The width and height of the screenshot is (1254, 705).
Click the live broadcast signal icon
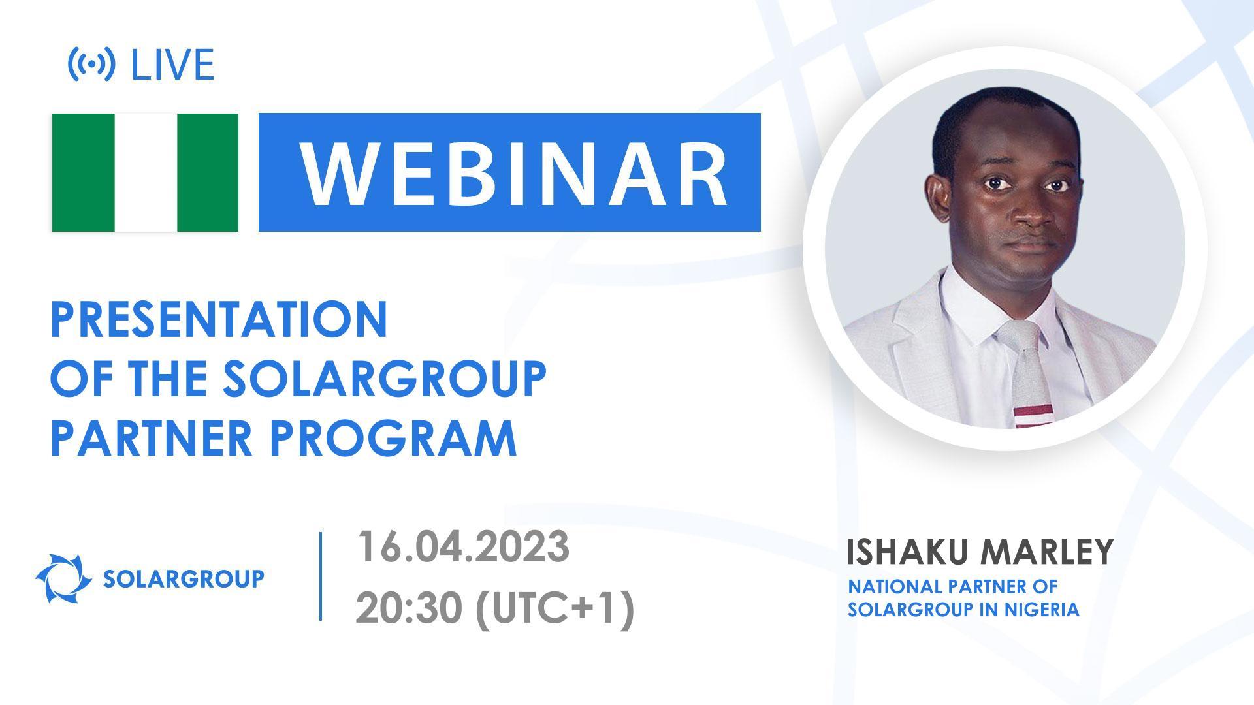pyautogui.click(x=91, y=64)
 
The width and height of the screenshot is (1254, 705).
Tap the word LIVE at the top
pyautogui.click(x=172, y=65)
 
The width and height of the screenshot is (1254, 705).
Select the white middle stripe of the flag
pyautogui.click(x=146, y=172)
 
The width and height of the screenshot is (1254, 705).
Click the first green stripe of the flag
pyautogui.click(x=83, y=172)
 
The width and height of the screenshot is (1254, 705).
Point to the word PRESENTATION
pyautogui.click(x=219, y=320)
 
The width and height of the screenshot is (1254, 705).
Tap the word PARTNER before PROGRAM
pyautogui.click(x=151, y=438)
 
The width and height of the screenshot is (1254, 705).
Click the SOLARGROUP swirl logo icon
pyautogui.click(x=63, y=578)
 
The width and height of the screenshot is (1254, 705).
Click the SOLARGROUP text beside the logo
pyautogui.click(x=184, y=578)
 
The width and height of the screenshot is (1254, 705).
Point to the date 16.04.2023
pyautogui.click(x=462, y=547)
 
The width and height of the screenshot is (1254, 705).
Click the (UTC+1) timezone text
pyautogui.click(x=554, y=609)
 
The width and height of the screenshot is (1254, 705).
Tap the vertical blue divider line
pyautogui.click(x=321, y=576)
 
